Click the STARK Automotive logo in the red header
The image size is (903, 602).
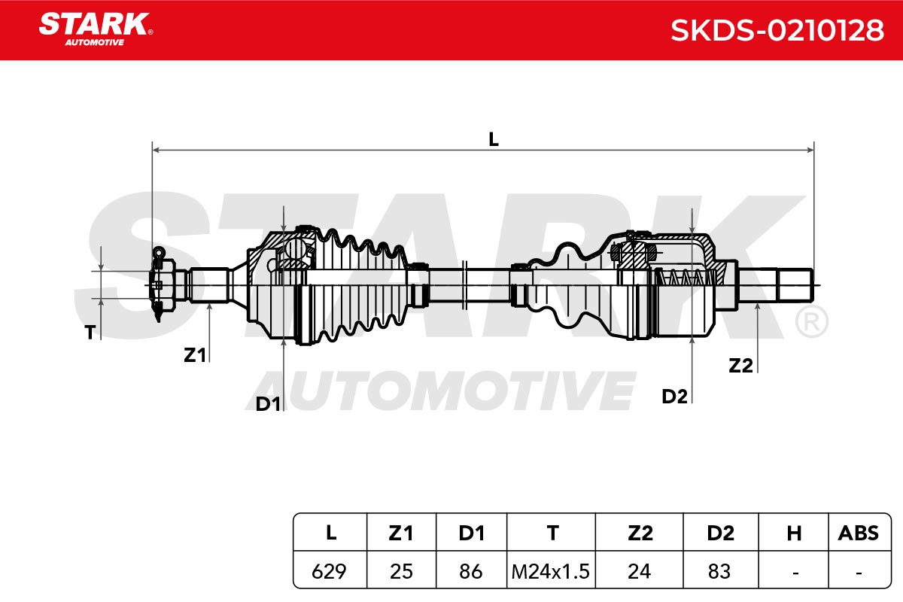coord(96,29)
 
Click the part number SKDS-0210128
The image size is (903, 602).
coord(777,30)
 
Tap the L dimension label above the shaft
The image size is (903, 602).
coord(494,139)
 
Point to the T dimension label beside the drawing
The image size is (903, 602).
coord(90,333)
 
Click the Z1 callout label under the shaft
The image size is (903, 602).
coord(195,355)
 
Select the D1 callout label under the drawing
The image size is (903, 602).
coord(268,403)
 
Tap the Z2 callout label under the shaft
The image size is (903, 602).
coord(740,366)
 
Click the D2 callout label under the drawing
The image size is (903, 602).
coord(674,397)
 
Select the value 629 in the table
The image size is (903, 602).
coord(329,571)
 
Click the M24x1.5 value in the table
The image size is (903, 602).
coord(550,571)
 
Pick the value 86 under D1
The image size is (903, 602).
coord(471,571)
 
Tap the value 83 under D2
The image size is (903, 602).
coord(719,571)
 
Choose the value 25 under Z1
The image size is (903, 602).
coord(401,571)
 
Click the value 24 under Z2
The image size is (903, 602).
coord(640,571)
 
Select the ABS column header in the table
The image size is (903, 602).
coord(859,533)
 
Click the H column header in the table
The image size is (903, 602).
coord(794,533)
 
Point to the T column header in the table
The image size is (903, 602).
coord(552,533)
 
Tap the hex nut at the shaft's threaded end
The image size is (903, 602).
coord(163,284)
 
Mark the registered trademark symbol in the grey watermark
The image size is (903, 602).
coord(811,321)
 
